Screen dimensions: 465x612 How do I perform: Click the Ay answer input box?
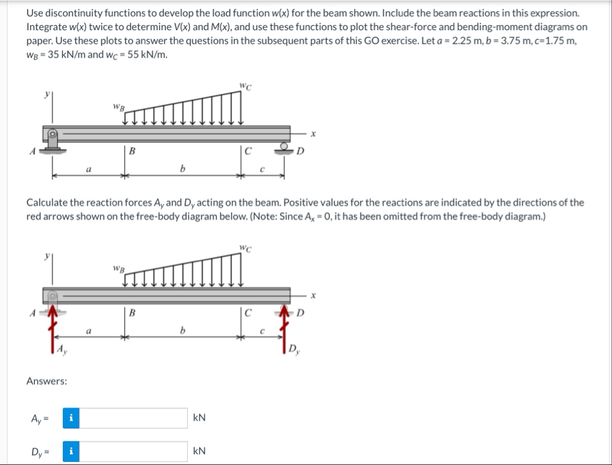(x=134, y=418)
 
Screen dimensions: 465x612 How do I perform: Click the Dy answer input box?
(x=134, y=451)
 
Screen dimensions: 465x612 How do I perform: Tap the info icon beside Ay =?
(x=70, y=418)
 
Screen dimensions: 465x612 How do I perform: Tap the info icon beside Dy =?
(x=70, y=451)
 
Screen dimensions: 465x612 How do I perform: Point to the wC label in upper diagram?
(x=245, y=86)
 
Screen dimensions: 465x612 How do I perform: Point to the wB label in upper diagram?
(x=118, y=106)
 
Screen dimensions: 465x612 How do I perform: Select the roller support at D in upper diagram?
(x=284, y=148)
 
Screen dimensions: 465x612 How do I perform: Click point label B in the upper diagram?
(x=131, y=151)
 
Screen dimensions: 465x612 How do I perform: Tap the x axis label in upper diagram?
(x=313, y=134)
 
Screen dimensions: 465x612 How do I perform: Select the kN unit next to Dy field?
(x=199, y=451)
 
